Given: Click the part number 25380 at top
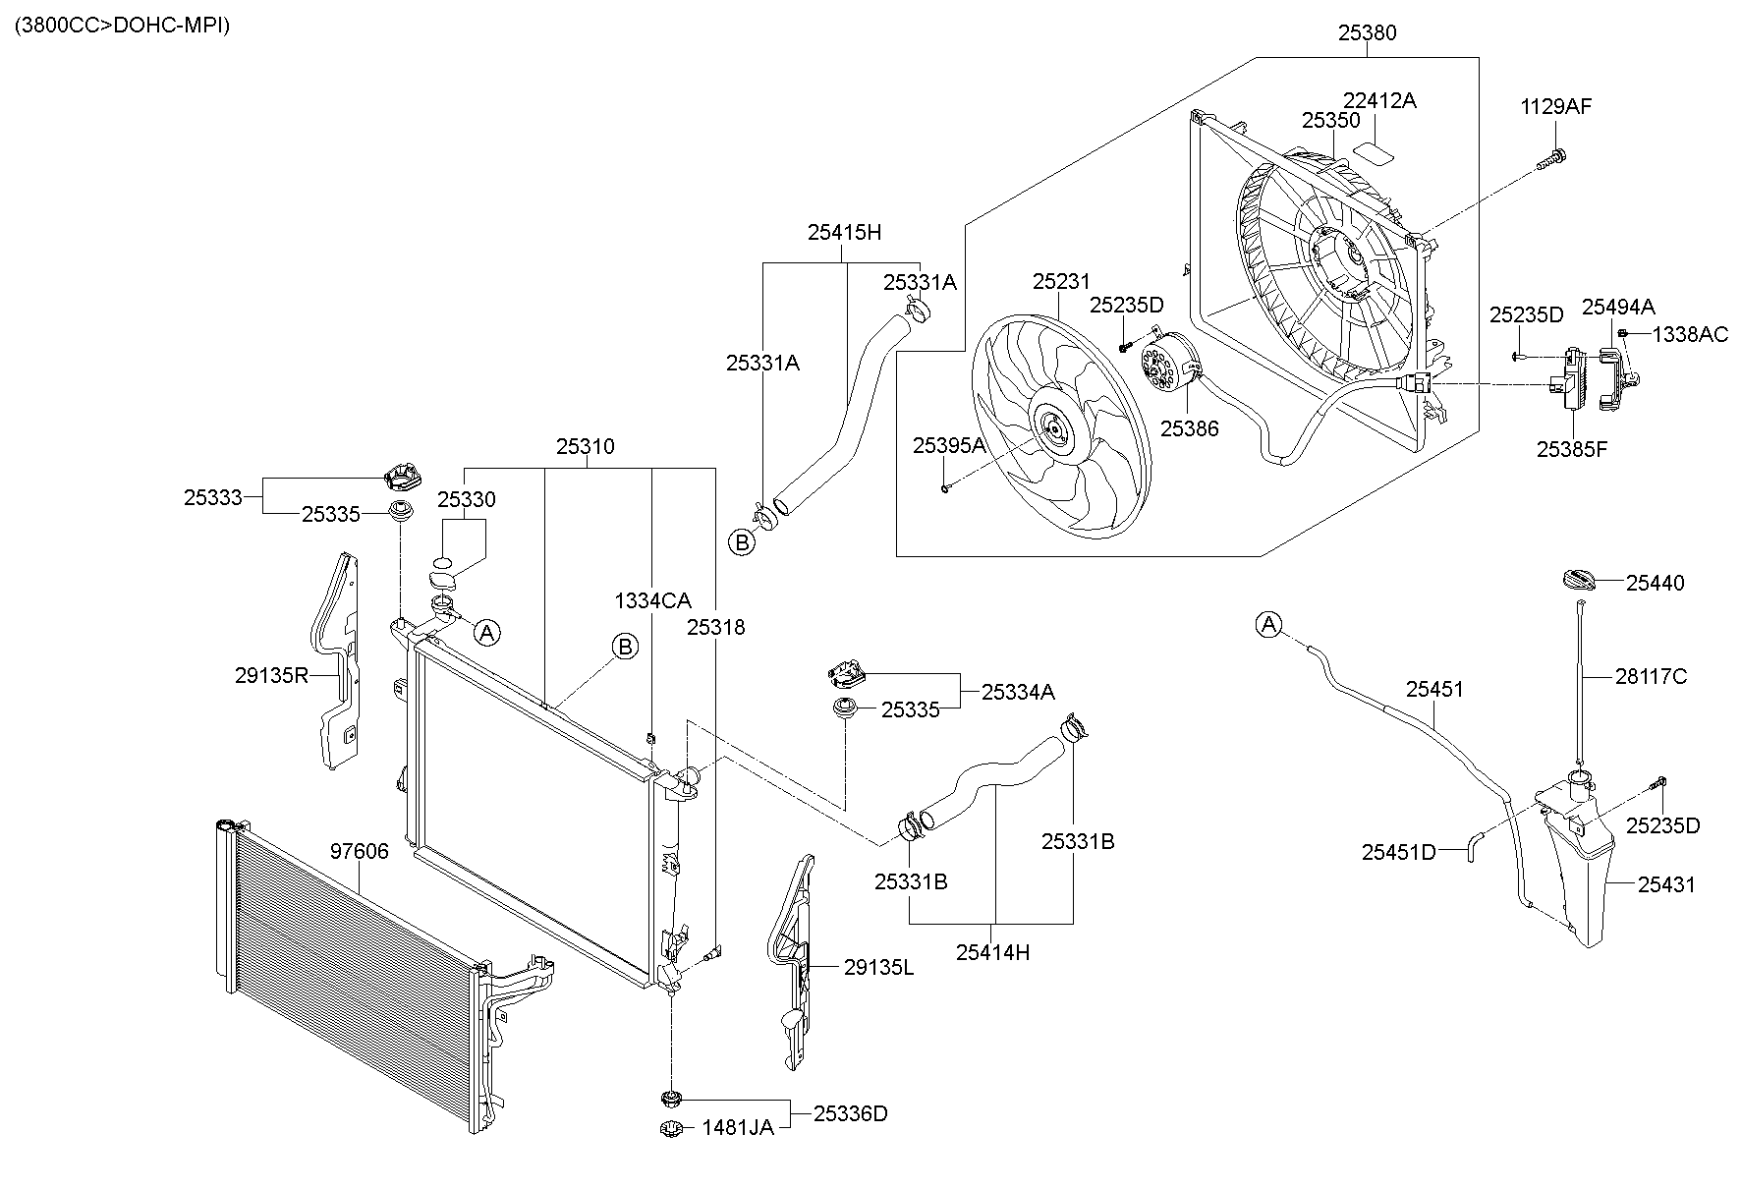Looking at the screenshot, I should [1367, 32].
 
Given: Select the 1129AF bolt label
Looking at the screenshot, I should [1556, 106].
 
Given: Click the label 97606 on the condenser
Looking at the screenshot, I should [359, 851].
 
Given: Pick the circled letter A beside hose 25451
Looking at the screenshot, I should [1269, 624].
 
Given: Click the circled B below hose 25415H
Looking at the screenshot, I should [742, 541].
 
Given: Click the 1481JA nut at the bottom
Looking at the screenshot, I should [670, 1128].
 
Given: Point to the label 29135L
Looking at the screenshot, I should [878, 967].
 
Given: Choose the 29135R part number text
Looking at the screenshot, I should [272, 675].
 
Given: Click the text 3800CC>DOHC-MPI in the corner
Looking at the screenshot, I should [122, 26].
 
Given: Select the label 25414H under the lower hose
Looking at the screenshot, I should [992, 951].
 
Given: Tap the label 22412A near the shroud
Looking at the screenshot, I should [1379, 100].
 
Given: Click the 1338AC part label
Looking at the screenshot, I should [1689, 334].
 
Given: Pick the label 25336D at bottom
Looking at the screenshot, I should [850, 1113].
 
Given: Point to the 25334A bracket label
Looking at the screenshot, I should [1018, 692].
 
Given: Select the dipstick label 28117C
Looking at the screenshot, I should [1651, 676].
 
